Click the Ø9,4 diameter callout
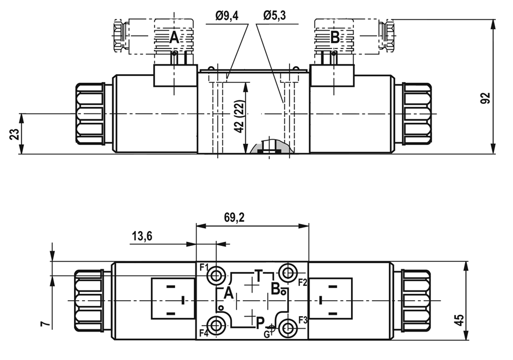pos(227,16)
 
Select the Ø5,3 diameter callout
pos(274,15)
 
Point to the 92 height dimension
pos(487,99)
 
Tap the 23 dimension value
pos(15,134)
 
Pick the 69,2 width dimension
pos(234,217)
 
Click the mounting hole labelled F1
pos(215,276)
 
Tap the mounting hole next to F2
pos(288,272)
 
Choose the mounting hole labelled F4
pos(216,326)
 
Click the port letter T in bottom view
pos(258,276)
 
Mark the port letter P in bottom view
pos(260,323)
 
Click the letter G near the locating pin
pos(267,334)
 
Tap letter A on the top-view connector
pos(174,37)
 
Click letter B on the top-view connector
pos(335,37)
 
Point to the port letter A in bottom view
pos(229,293)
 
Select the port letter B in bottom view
pos(275,289)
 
